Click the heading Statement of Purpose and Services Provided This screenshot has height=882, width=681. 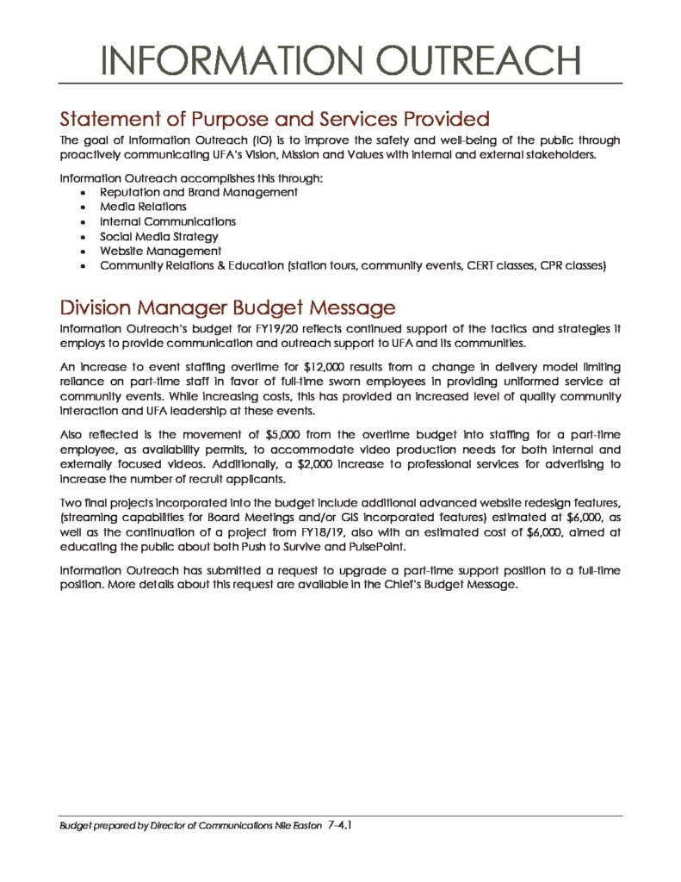274,118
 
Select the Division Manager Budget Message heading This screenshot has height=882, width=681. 227,307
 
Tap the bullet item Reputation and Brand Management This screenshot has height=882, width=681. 199,192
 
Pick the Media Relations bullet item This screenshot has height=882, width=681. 143,207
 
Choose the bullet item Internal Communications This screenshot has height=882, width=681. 167,221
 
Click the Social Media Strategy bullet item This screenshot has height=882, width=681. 159,236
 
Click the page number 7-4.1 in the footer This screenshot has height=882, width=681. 342,825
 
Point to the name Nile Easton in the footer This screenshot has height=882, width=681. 294,826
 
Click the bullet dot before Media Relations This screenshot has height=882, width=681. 82,208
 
